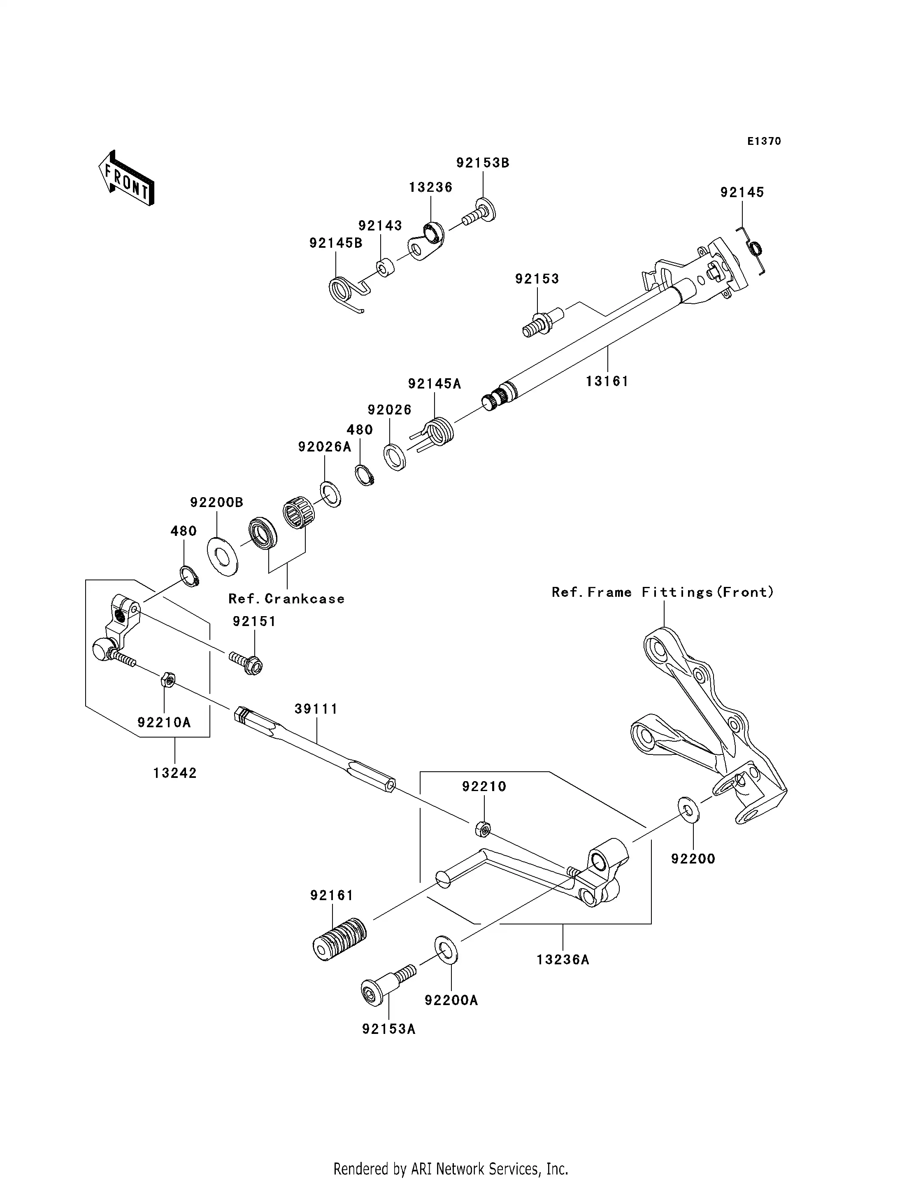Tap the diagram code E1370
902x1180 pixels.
point(763,141)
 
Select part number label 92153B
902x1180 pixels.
point(483,163)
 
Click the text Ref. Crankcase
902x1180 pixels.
point(286,599)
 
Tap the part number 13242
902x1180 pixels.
point(175,773)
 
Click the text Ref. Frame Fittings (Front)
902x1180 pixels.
point(663,592)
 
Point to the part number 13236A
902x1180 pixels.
point(563,959)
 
